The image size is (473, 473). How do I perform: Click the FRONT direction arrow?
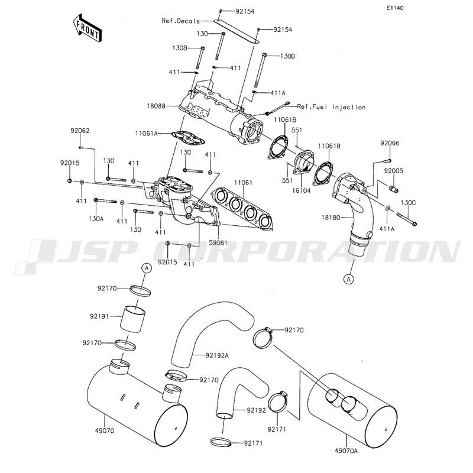(x=87, y=27)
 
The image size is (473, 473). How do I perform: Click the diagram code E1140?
(x=395, y=8)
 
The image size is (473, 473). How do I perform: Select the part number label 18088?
(x=156, y=106)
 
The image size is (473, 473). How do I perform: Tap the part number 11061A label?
(x=146, y=133)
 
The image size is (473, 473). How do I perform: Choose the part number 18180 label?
(x=331, y=217)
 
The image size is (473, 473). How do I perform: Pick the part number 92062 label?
(x=80, y=131)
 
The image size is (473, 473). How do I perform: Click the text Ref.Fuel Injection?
(x=331, y=107)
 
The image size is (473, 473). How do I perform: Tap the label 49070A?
(x=346, y=451)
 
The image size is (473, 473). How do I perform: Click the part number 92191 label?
(x=99, y=316)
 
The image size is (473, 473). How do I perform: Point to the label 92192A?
(x=217, y=355)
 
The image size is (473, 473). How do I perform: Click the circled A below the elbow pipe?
(x=349, y=280)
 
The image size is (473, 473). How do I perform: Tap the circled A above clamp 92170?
(x=146, y=268)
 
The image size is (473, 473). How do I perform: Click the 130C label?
(x=408, y=203)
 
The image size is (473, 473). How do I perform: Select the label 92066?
(x=390, y=143)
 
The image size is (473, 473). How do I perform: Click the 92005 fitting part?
(x=394, y=189)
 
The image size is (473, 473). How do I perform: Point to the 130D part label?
(x=287, y=56)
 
